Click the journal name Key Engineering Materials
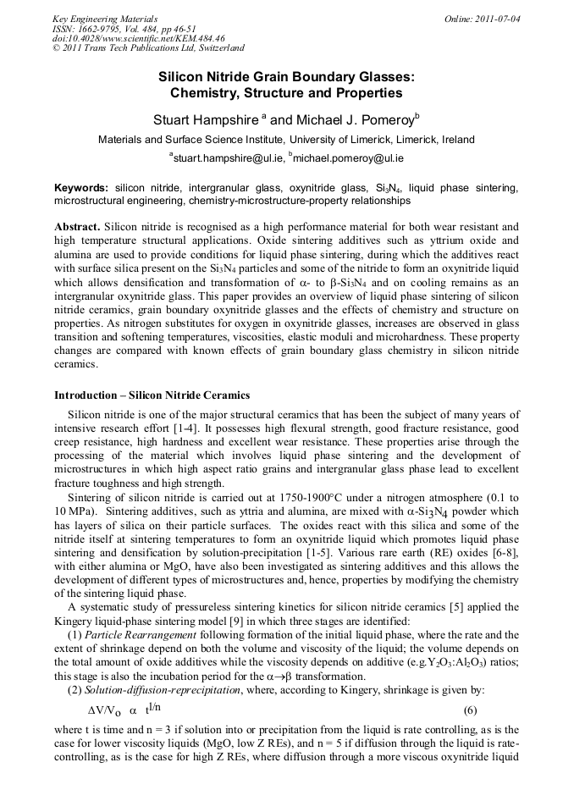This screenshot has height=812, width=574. click(104, 18)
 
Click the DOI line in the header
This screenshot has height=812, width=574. click(138, 38)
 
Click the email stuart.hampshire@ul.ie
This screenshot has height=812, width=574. click(227, 157)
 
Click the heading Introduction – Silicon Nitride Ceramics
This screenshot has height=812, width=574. click(152, 395)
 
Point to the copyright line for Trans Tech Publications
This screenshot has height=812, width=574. click(148, 48)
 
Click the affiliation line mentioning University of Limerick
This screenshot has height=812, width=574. click(286, 140)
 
